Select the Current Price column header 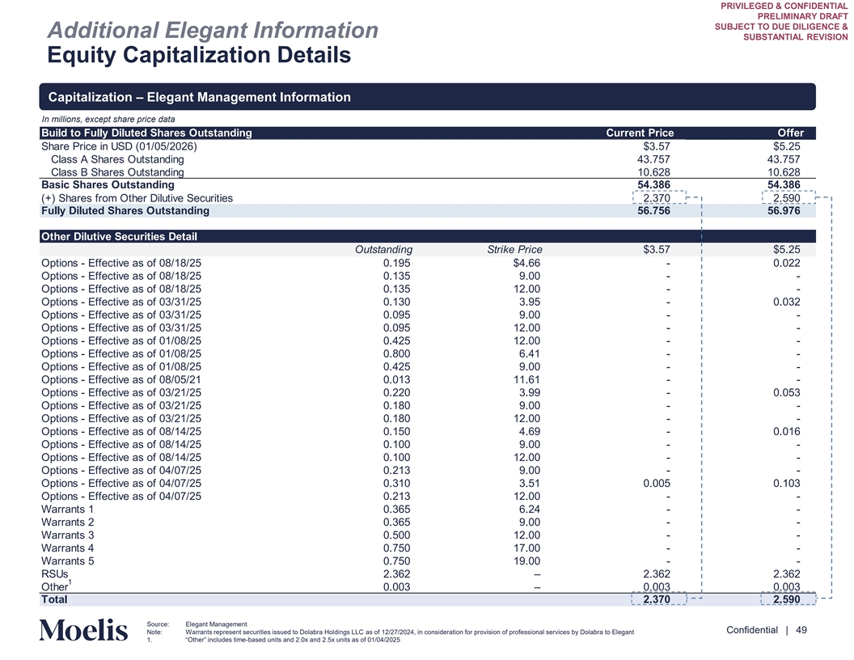point(640,133)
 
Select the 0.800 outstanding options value point(396,353)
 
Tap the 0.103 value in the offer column point(784,483)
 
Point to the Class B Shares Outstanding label point(117,172)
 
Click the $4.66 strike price point(526,263)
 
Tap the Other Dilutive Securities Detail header point(119,236)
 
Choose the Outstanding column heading point(383,249)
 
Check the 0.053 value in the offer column point(784,392)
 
